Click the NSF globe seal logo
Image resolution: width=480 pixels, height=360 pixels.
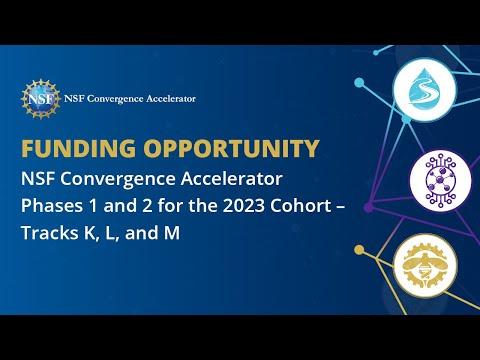[41, 99]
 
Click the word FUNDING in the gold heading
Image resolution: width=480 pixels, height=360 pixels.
[79, 148]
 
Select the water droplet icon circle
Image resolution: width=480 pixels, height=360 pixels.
[424, 89]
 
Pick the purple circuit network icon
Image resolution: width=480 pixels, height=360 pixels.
[440, 180]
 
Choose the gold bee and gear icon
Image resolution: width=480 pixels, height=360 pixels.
[425, 266]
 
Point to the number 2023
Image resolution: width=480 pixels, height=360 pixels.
[244, 206]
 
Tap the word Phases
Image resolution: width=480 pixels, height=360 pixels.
[50, 206]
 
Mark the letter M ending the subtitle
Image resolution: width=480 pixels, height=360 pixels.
[172, 233]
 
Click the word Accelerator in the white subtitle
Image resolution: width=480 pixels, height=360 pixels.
[232, 179]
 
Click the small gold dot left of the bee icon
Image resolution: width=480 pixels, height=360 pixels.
[359, 250]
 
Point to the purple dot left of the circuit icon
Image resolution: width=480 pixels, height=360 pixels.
[368, 207]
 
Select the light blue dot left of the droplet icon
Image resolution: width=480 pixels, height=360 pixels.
[359, 82]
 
